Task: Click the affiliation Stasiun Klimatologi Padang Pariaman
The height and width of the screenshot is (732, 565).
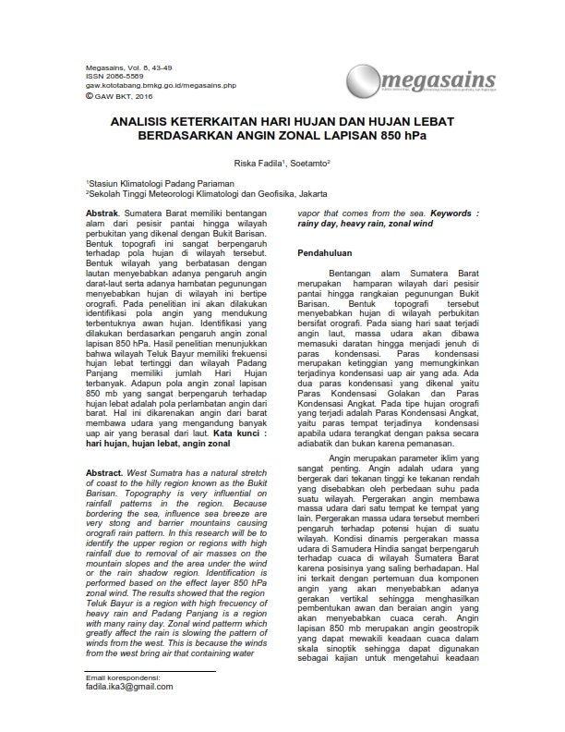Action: pos(151,185)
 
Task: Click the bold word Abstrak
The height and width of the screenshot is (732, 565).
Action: pos(102,213)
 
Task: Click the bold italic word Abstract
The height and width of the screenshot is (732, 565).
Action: pos(104,472)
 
